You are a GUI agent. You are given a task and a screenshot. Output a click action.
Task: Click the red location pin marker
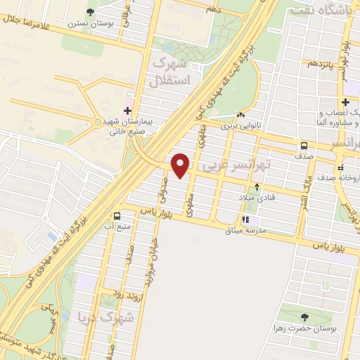(x=181, y=165)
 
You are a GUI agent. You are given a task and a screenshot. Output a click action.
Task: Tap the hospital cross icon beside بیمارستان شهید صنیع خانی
(x=127, y=110)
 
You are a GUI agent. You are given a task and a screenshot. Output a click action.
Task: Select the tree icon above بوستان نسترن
(x=90, y=11)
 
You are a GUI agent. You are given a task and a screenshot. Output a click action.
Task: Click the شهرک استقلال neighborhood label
(x=172, y=72)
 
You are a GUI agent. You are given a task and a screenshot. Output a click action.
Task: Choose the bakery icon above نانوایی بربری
(x=241, y=115)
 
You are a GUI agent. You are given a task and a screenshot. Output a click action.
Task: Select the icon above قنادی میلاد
(x=257, y=187)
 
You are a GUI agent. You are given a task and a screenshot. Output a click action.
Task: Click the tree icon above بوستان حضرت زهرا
(x=304, y=316)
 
